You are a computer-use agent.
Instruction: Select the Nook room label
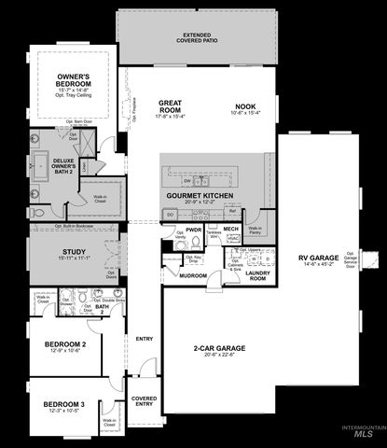tap(245, 105)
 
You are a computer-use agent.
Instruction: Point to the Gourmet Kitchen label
tap(199, 195)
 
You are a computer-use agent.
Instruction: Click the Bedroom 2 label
tap(65, 344)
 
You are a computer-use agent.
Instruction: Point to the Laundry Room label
tap(257, 275)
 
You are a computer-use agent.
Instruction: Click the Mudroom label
tap(193, 276)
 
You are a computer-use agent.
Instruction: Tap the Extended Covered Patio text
tap(197, 38)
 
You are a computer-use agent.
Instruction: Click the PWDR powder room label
tap(194, 229)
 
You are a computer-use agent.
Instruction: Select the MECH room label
tap(231, 229)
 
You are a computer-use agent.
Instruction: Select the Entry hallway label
tap(145, 339)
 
